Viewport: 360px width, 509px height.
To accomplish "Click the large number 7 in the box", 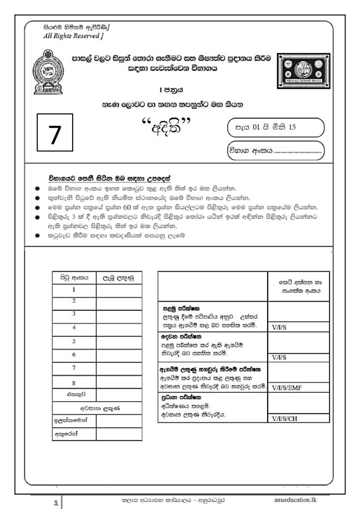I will click(x=55, y=134).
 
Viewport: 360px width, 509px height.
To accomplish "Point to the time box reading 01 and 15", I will click(x=275, y=127).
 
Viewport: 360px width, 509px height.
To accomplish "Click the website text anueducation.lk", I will click(x=295, y=499).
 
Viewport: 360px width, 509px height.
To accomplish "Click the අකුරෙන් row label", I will click(x=66, y=433).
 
